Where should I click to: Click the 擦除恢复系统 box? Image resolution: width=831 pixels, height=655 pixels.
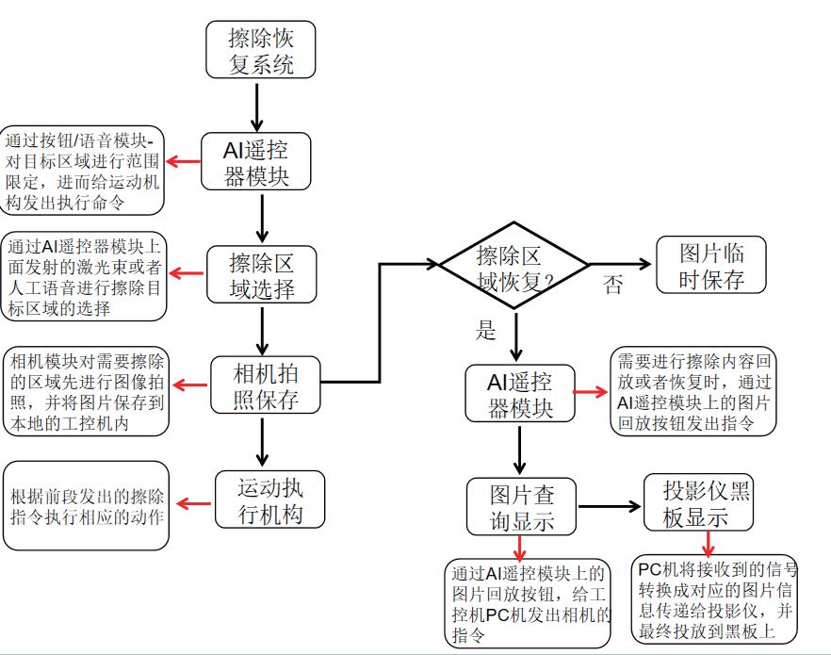click(x=260, y=50)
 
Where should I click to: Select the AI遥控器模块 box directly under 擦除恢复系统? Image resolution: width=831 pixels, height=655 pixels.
click(x=256, y=161)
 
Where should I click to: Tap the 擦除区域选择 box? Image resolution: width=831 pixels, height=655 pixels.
click(x=262, y=273)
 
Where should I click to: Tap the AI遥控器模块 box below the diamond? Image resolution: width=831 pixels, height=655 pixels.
click(x=519, y=394)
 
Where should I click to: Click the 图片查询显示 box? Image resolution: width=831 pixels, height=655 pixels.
click(x=521, y=507)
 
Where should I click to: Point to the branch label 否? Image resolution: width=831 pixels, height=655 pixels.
click(x=613, y=286)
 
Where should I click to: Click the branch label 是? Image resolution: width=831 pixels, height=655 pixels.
click(x=485, y=330)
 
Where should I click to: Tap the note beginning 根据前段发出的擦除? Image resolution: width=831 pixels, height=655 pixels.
click(x=87, y=505)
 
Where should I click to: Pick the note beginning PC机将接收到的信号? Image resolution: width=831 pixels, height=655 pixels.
click(x=717, y=601)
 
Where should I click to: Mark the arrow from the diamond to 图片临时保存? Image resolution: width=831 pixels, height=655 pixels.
click(x=621, y=265)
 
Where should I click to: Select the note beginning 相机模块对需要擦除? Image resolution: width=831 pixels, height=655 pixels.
click(x=87, y=392)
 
